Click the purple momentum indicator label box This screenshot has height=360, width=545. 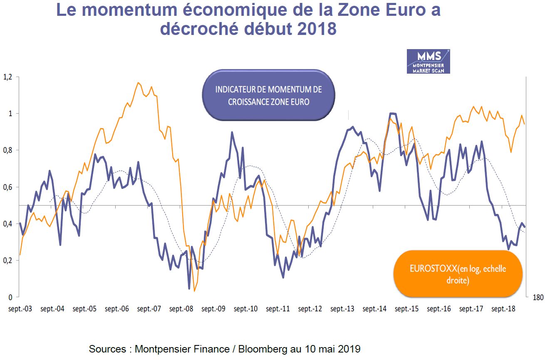pyautogui.click(x=268, y=95)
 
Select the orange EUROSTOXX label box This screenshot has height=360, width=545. pyautogui.click(x=458, y=274)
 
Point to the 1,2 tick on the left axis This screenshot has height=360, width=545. pyautogui.click(x=7, y=77)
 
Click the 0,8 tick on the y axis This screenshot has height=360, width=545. pyautogui.click(x=7, y=150)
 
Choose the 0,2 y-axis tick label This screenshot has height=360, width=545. pyautogui.click(x=7, y=261)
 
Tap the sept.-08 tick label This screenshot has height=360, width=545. pyautogui.click(x=182, y=309)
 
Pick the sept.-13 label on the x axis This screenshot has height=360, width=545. pyautogui.click(x=342, y=309)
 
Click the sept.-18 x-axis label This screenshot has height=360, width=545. pyautogui.click(x=503, y=309)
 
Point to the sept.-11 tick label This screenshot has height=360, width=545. pyautogui.click(x=278, y=309)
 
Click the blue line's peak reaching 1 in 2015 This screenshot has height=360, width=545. pyautogui.click(x=391, y=113)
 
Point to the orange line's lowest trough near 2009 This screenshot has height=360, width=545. pyautogui.click(x=194, y=291)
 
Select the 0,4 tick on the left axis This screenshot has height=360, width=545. pyautogui.click(x=7, y=224)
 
